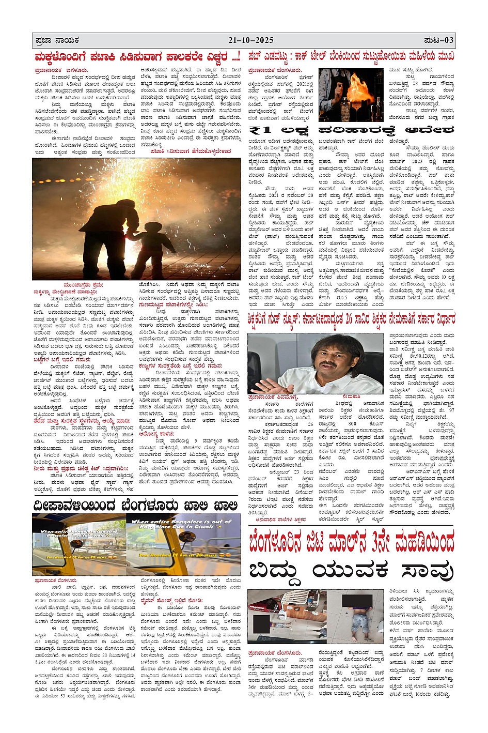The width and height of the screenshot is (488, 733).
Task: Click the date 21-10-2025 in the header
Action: tap(251, 40)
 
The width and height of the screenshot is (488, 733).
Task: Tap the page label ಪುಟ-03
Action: tap(439, 40)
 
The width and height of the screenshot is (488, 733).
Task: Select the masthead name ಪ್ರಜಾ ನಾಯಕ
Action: tap(57, 40)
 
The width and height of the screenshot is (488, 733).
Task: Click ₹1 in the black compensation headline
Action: tap(261, 130)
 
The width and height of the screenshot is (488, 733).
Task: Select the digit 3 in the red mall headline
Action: tap(377, 543)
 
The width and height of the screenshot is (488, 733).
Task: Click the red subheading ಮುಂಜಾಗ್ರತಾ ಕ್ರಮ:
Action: tap(83, 285)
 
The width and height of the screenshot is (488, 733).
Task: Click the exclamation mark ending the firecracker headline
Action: tap(238, 56)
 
